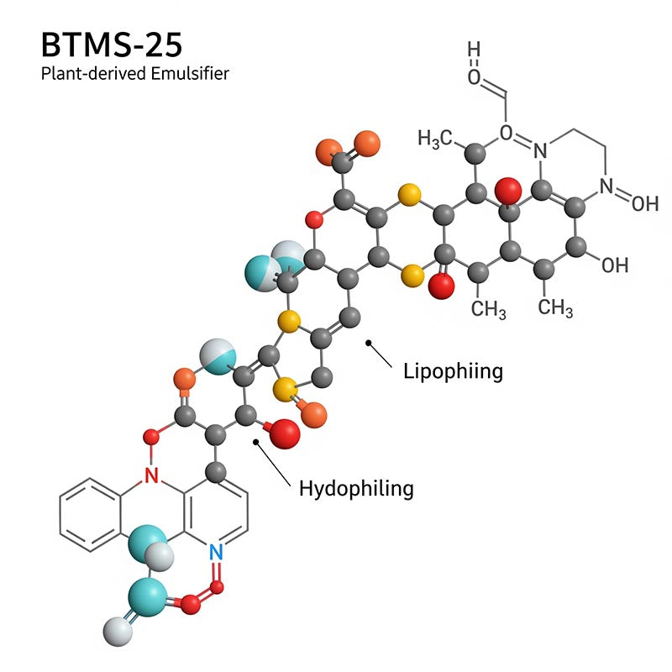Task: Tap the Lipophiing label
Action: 453,370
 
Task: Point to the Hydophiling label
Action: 356,487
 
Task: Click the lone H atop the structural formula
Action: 475,50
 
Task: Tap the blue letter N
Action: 215,552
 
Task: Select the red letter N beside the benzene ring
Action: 151,477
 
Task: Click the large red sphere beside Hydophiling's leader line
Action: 285,433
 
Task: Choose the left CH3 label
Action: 488,308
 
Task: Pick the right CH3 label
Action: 555,308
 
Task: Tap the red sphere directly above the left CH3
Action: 441,286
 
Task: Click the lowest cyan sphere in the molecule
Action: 144,598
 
